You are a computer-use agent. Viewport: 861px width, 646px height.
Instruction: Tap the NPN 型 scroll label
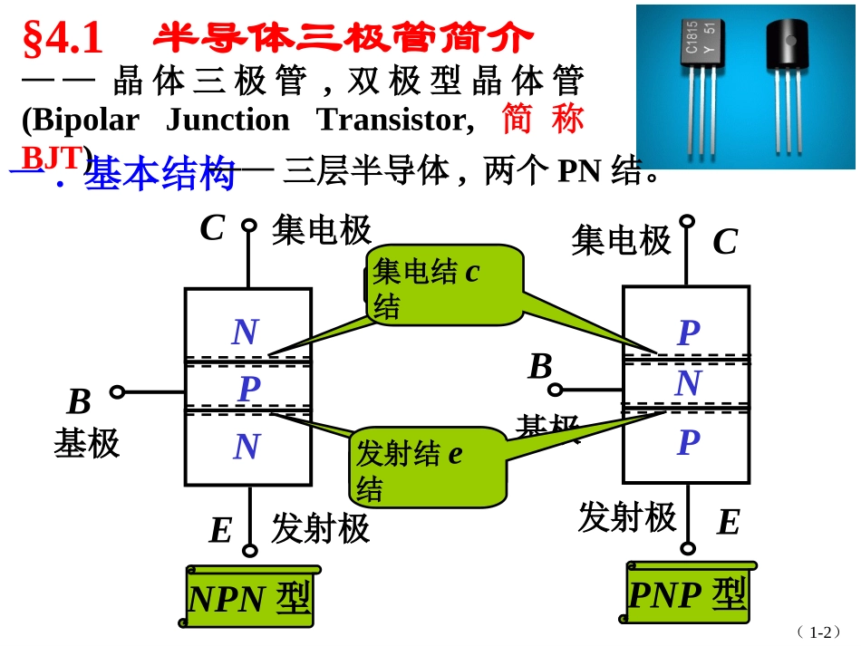tap(249, 599)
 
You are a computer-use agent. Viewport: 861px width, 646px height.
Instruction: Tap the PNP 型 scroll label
tap(687, 594)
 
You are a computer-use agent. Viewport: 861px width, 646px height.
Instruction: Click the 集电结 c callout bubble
tap(444, 284)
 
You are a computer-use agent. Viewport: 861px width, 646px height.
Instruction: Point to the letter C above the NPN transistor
tap(212, 228)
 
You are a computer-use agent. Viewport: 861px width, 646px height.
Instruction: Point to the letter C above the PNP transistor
tap(725, 242)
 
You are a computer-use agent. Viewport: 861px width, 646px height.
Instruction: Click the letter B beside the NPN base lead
tap(80, 402)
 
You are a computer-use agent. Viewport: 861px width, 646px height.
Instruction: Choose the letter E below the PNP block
tap(728, 523)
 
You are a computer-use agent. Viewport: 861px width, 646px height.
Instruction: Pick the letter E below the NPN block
tap(220, 531)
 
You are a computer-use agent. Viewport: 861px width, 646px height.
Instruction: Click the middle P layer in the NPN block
tap(248, 390)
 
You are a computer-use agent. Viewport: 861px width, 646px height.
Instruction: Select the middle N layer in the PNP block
tap(688, 384)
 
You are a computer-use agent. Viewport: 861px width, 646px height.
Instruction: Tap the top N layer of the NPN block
tap(246, 333)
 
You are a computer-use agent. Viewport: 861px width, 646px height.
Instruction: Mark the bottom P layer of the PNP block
tap(688, 443)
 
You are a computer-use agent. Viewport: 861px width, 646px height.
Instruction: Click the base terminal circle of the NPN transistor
tap(117, 392)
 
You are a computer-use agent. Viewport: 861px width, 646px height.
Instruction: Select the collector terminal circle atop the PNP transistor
tap(687, 220)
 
